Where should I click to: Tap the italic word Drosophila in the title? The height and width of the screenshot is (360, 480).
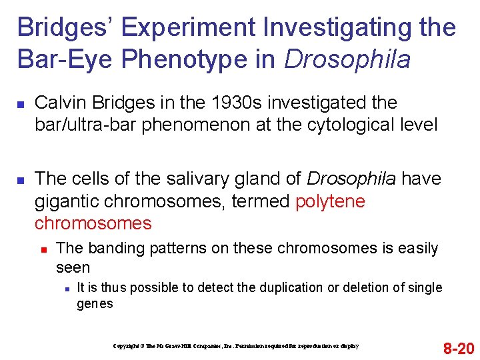(347, 59)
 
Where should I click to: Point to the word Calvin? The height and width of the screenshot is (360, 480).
(57, 103)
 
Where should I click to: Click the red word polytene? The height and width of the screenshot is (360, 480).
(330, 201)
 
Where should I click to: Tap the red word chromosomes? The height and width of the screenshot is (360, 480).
(93, 223)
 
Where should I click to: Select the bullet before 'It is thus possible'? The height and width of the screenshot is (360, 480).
(67, 289)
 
